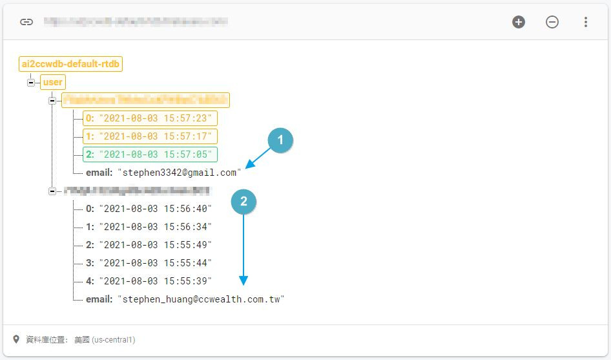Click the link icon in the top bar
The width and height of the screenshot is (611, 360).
click(26, 22)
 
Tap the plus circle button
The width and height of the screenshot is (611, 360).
click(519, 22)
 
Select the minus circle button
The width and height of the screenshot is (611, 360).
click(552, 22)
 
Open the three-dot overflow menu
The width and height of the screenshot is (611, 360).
click(586, 22)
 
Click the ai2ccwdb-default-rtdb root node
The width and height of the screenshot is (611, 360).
click(72, 64)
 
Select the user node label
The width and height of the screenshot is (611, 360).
click(52, 82)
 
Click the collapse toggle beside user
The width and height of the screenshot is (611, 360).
click(31, 83)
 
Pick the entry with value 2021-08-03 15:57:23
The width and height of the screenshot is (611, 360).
click(150, 118)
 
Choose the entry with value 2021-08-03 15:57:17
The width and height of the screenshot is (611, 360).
click(150, 136)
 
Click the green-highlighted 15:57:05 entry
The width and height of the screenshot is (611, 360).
click(150, 154)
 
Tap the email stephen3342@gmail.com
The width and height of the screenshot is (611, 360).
click(179, 173)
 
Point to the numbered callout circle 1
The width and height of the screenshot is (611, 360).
click(280, 140)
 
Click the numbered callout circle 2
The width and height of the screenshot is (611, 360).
click(243, 202)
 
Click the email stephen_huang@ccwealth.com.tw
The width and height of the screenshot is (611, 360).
click(201, 299)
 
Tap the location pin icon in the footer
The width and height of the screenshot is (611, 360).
click(17, 339)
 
